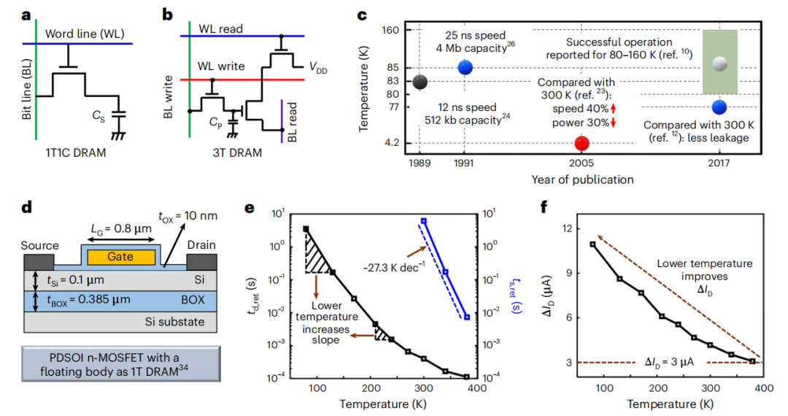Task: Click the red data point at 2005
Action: click(582, 142)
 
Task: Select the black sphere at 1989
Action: click(420, 82)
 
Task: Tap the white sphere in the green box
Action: click(720, 63)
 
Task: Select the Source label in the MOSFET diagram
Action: click(39, 245)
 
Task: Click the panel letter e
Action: click(250, 208)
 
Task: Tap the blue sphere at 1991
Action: click(465, 67)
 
